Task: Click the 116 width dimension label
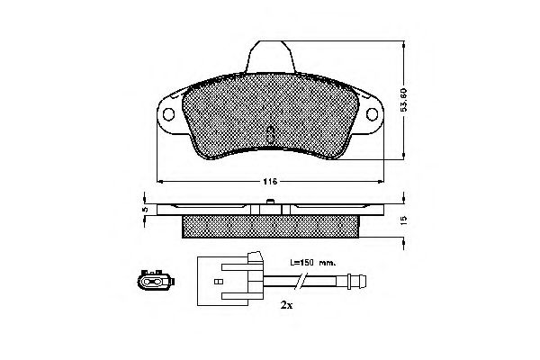(x=269, y=183)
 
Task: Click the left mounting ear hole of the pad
(x=168, y=114)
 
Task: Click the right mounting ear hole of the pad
(x=373, y=114)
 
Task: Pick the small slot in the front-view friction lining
(x=271, y=135)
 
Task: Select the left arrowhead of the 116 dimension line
(x=159, y=183)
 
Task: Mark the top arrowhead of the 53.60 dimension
(x=402, y=41)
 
